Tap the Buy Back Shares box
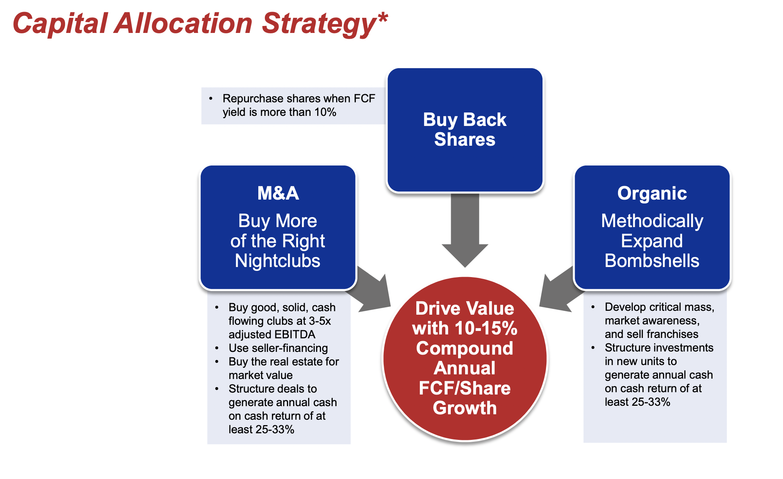pyautogui.click(x=465, y=130)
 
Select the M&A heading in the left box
pyautogui.click(x=278, y=193)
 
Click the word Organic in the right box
pyautogui.click(x=652, y=193)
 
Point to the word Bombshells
pyautogui.click(x=652, y=261)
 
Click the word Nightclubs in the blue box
pyautogui.click(x=278, y=261)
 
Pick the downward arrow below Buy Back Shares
pyautogui.click(x=465, y=230)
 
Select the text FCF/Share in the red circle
pyautogui.click(x=465, y=388)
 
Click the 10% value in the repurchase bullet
pyautogui.click(x=325, y=112)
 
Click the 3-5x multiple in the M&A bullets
pyautogui.click(x=320, y=321)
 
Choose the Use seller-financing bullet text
pyautogui.click(x=278, y=348)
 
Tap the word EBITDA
pyautogui.click(x=295, y=334)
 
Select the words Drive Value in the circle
pyautogui.click(x=465, y=309)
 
